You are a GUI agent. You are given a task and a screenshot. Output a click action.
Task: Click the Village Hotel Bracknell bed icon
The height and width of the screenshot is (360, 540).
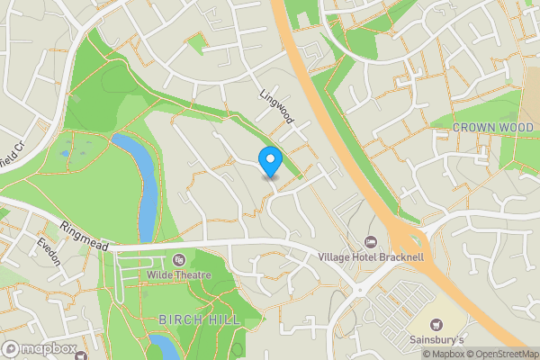coord(371,242)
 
